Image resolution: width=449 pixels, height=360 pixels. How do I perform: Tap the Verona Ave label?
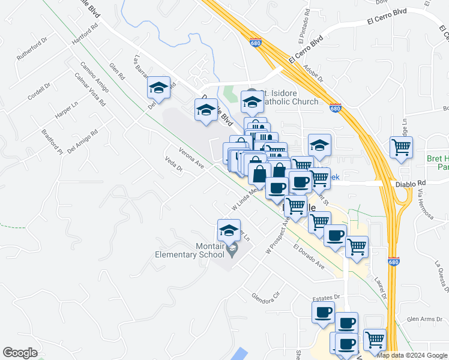(192, 158)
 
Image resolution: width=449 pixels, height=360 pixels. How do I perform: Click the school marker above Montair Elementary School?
(229, 230)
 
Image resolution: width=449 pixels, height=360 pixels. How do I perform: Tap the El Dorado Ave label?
(309, 257)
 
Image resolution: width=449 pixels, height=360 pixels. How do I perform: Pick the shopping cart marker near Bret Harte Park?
(400, 147)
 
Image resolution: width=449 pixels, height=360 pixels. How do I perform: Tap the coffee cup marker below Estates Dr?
(323, 312)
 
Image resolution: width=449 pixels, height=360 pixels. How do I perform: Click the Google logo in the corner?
(20, 353)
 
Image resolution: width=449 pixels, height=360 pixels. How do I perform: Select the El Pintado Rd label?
(303, 26)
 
